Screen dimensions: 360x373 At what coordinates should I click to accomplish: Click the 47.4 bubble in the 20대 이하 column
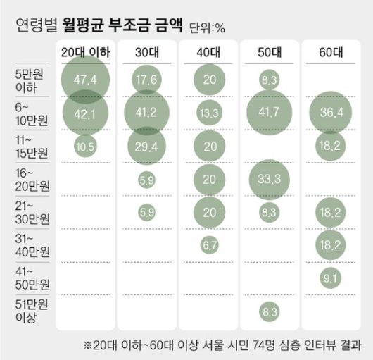click(84, 79)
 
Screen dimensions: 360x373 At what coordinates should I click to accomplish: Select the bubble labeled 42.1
click(84, 112)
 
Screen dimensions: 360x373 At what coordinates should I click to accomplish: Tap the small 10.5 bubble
click(84, 145)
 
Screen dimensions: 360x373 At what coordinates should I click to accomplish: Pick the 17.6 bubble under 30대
click(146, 79)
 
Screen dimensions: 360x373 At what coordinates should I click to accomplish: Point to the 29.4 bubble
click(146, 145)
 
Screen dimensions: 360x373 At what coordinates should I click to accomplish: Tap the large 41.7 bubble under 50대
click(269, 112)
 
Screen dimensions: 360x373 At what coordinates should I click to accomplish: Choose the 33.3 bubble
click(269, 178)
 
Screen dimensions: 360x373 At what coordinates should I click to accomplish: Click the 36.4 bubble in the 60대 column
click(330, 112)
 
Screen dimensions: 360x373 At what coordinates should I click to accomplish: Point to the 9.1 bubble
click(330, 277)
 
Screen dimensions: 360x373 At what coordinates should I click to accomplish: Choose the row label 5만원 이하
click(30, 79)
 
